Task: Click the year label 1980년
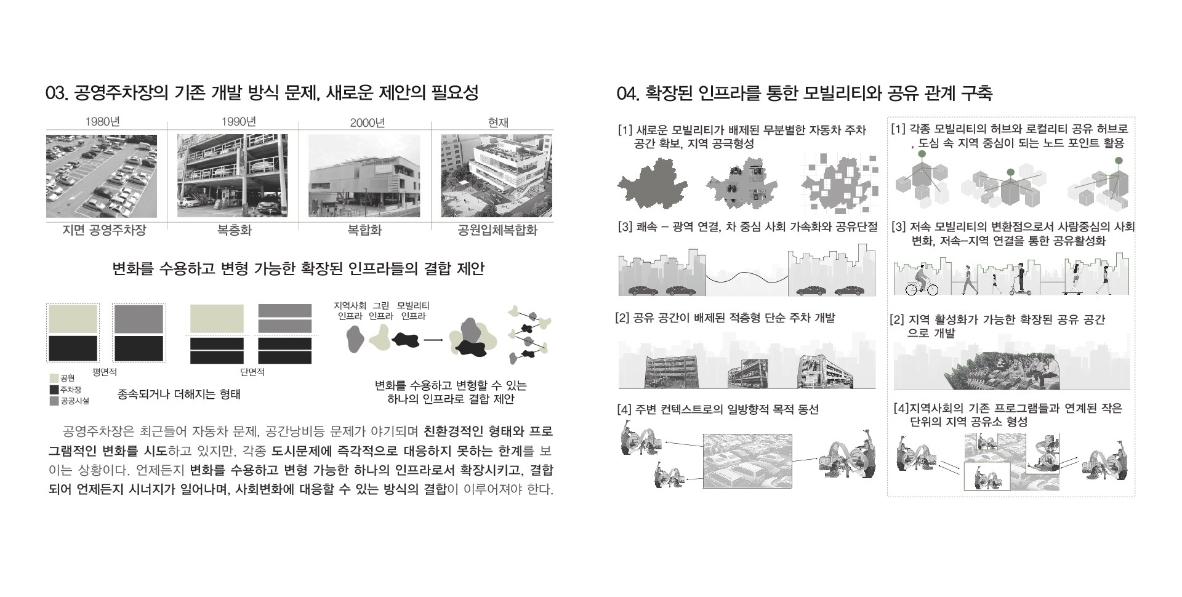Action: pyautogui.click(x=102, y=122)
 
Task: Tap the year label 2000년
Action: pyautogui.click(x=367, y=122)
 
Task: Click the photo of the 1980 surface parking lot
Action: pyautogui.click(x=102, y=176)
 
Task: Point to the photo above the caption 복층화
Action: pyautogui.click(x=232, y=176)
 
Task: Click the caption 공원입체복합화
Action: pyautogui.click(x=497, y=230)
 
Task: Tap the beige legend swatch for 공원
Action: pyautogui.click(x=54, y=378)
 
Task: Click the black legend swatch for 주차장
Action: pyautogui.click(x=54, y=390)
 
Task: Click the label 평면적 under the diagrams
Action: pyautogui.click(x=105, y=372)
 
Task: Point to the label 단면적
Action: pyautogui.click(x=252, y=372)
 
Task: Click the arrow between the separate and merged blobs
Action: pyautogui.click(x=435, y=339)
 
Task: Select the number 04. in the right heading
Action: pyautogui.click(x=628, y=94)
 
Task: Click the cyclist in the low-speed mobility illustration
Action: pyautogui.click(x=922, y=281)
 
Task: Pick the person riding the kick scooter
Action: pyautogui.click(x=1021, y=278)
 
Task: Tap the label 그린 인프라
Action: pyautogui.click(x=380, y=311)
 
